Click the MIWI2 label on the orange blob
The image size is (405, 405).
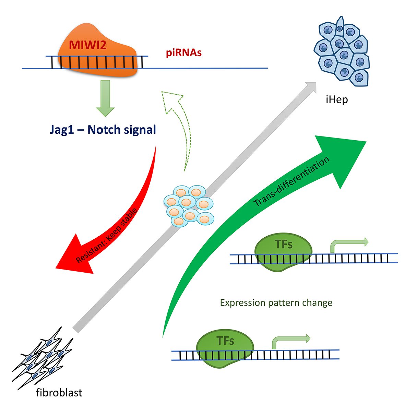88,45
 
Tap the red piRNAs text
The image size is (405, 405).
184,53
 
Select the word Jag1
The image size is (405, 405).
61,130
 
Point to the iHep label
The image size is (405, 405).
337,100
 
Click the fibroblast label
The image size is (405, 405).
59,392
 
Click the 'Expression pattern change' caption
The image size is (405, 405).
276,303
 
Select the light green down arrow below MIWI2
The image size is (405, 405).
105,98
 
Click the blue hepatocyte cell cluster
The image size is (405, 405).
341,51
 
